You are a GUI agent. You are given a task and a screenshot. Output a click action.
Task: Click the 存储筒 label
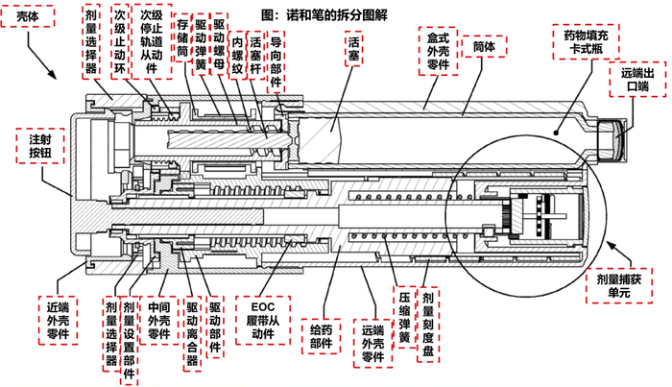point(182,38)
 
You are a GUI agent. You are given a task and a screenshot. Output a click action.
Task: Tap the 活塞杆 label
point(255,55)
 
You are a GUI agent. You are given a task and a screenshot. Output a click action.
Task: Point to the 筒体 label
point(485,44)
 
